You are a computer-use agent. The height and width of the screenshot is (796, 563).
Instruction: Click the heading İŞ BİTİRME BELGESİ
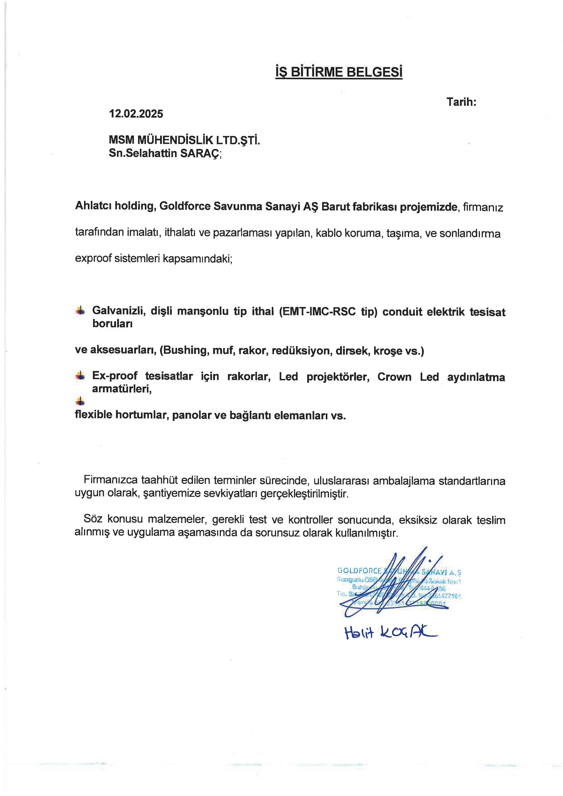pos(339,72)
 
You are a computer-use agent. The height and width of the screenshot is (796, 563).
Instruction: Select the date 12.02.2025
pos(136,114)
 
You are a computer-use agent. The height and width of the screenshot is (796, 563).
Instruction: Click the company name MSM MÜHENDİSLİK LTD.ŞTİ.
pos(184,140)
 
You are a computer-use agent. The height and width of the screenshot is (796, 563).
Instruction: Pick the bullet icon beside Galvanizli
pos(80,310)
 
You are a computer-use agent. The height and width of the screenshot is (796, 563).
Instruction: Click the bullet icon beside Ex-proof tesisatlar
pos(80,376)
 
